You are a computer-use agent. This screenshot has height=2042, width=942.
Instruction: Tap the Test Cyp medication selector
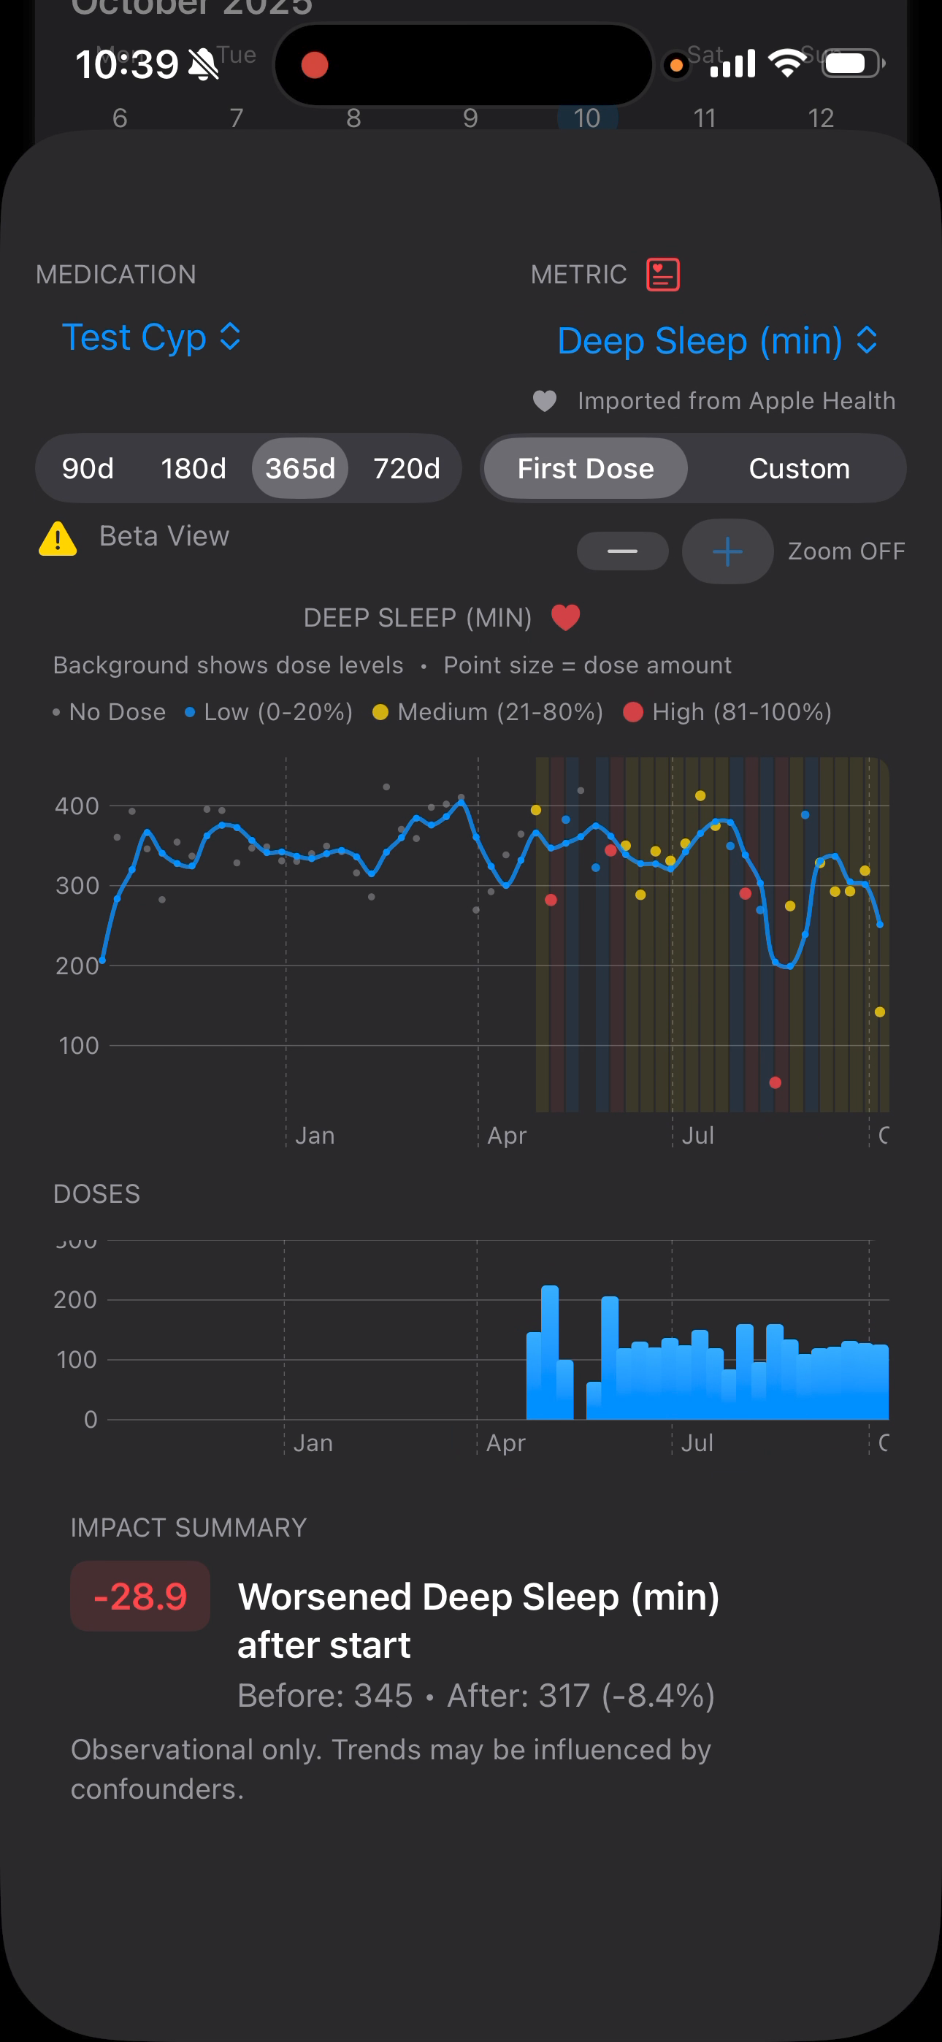150,337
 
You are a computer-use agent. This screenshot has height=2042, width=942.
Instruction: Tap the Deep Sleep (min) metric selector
717,341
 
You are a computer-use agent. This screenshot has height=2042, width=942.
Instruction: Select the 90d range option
88,468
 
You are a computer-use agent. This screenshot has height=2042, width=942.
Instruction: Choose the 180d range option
194,468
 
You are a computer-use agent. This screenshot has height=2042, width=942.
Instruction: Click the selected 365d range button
299,468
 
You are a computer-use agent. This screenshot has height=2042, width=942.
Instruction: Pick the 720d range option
406,468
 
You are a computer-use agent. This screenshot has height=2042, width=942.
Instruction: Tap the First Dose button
585,468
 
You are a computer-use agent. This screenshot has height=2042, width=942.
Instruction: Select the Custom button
798,468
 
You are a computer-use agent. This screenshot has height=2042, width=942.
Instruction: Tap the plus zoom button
727,551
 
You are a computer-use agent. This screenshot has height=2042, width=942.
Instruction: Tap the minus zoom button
622,551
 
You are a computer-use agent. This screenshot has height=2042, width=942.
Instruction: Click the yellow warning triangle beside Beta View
58,539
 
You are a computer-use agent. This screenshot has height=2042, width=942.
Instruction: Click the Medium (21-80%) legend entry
488,712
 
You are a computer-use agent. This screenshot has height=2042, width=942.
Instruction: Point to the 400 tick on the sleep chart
77,806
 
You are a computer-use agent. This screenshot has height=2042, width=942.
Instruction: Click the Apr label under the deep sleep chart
507,1136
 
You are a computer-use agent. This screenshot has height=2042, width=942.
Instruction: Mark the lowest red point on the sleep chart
776,1083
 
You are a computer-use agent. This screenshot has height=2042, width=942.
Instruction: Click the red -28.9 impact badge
140,1596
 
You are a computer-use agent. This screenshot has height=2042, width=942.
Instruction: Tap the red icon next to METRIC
663,275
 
